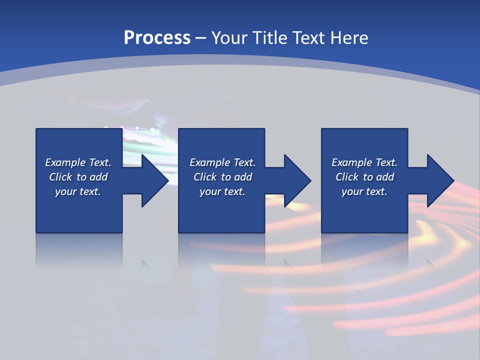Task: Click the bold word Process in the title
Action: point(157,38)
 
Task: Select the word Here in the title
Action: point(349,38)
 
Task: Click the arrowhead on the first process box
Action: point(152,180)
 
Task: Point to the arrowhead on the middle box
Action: point(295,180)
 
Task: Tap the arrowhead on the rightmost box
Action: point(438,180)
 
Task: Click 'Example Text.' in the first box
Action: point(78,162)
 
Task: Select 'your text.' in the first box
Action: point(78,191)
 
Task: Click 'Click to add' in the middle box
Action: point(222,177)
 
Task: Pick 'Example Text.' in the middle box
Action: point(222,162)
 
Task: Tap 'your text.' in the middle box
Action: point(222,191)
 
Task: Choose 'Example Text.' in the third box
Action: point(364,162)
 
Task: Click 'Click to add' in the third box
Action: point(364,177)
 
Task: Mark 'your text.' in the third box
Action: point(364,191)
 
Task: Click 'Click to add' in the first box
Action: point(78,177)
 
